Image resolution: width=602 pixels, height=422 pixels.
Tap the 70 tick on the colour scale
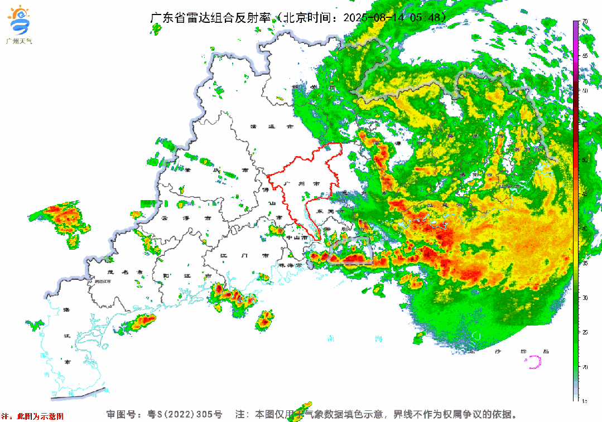pyautogui.click(x=585, y=21)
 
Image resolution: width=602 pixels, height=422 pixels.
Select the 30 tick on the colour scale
pyautogui.click(x=585, y=298)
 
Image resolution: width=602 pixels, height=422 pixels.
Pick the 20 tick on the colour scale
pyautogui.click(x=585, y=367)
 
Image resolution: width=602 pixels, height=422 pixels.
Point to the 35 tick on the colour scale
pyautogui.click(x=585, y=263)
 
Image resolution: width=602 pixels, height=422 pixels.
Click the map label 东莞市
pyautogui.click(x=325, y=212)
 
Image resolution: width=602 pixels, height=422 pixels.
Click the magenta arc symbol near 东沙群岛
pyautogui.click(x=534, y=362)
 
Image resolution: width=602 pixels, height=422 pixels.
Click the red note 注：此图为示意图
pyautogui.click(x=32, y=416)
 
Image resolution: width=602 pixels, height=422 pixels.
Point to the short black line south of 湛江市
pyautogui.click(x=78, y=394)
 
